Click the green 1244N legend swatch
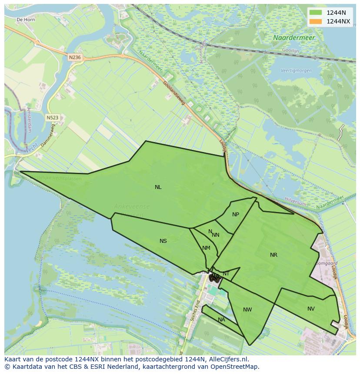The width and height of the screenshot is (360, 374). pyautogui.click(x=316, y=12)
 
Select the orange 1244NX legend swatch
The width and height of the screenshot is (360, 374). pyautogui.click(x=316, y=21)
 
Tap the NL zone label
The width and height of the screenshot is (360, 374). pyautogui.click(x=158, y=187)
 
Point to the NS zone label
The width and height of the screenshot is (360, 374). pyautogui.click(x=163, y=241)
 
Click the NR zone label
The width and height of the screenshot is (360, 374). pyautogui.click(x=273, y=255)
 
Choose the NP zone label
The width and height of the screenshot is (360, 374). pyautogui.click(x=236, y=215)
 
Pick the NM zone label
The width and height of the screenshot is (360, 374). pyautogui.click(x=206, y=248)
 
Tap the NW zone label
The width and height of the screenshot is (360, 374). pyautogui.click(x=247, y=310)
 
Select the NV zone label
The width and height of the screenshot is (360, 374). pyautogui.click(x=311, y=309)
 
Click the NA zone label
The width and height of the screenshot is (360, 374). pyautogui.click(x=221, y=320)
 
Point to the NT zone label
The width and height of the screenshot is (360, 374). pyautogui.click(x=226, y=273)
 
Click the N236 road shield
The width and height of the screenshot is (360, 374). pyautogui.click(x=75, y=57)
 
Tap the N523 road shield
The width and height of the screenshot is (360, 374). pyautogui.click(x=53, y=118)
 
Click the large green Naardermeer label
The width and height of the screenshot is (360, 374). pyautogui.click(x=294, y=38)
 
